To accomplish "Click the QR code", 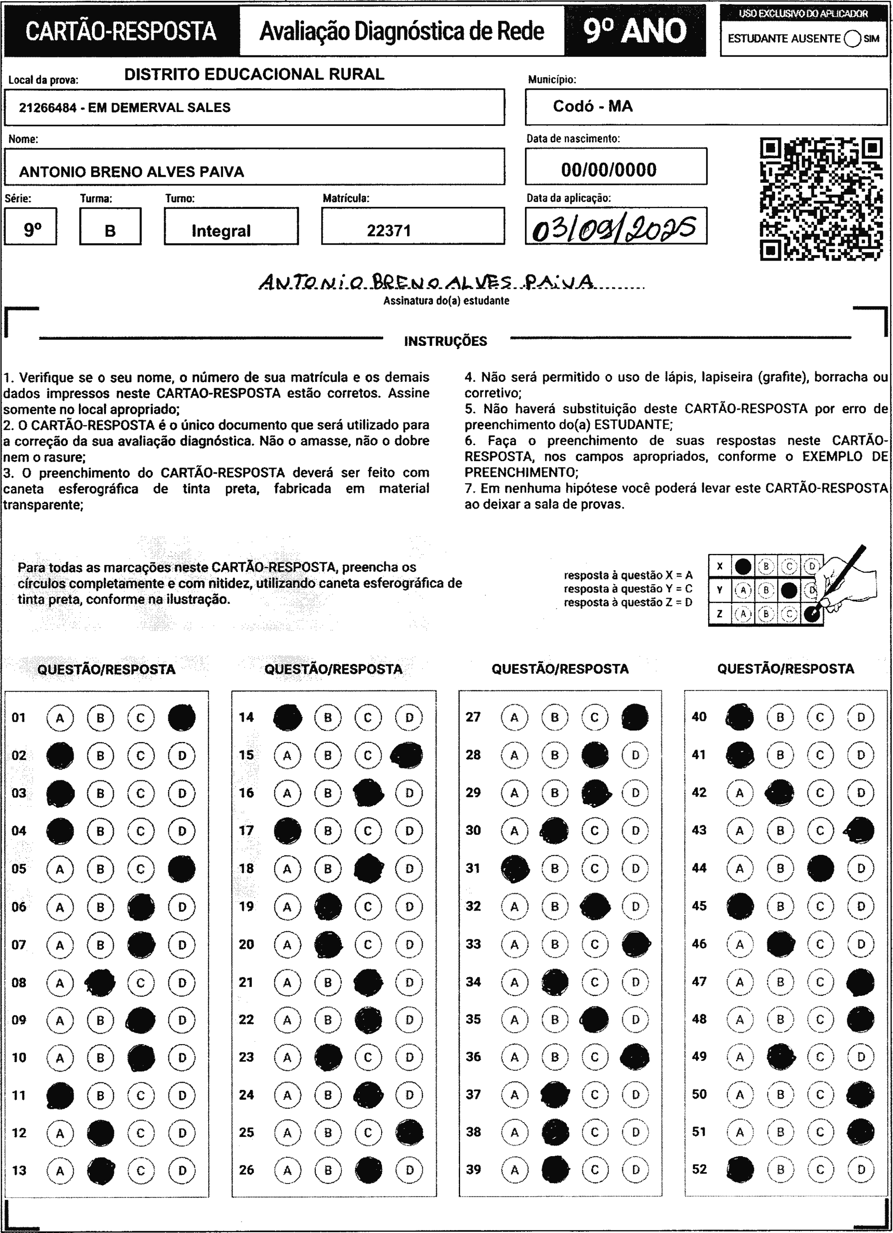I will (x=821, y=199).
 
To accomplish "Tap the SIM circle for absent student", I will (x=853, y=39).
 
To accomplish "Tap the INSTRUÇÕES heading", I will (x=445, y=342).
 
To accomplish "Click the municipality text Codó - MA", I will (x=592, y=106).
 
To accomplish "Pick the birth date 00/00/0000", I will (x=609, y=170).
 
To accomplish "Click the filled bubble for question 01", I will (x=182, y=718).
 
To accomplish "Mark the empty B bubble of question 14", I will (x=328, y=718).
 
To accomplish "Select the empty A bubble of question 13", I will (x=60, y=1170).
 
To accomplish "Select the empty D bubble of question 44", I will (x=861, y=868).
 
